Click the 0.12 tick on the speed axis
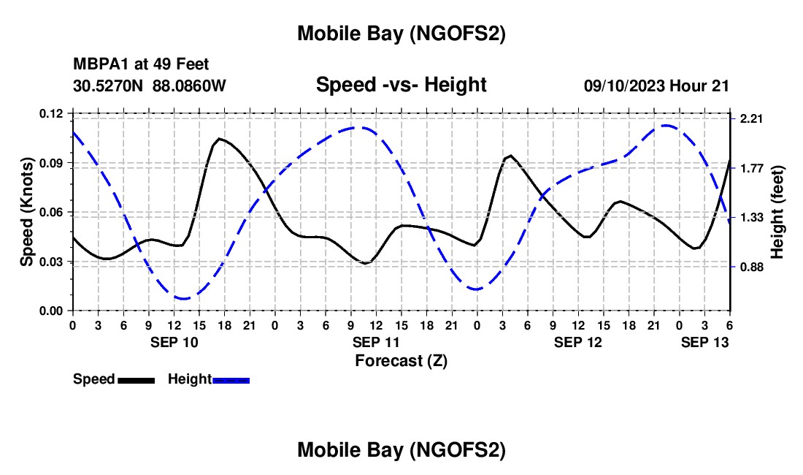click(x=53, y=113)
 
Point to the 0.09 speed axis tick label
click(x=53, y=162)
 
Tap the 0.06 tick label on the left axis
click(x=53, y=212)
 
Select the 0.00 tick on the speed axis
click(x=53, y=311)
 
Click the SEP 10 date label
click(x=174, y=342)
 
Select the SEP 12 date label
click(x=577, y=342)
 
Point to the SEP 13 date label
click(x=704, y=342)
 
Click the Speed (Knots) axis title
click(x=26, y=212)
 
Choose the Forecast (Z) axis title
click(x=401, y=360)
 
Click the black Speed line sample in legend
click(x=136, y=379)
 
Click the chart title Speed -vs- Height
click(x=401, y=85)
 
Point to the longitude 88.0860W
click(x=189, y=85)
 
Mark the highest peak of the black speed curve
click(x=219, y=138)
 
